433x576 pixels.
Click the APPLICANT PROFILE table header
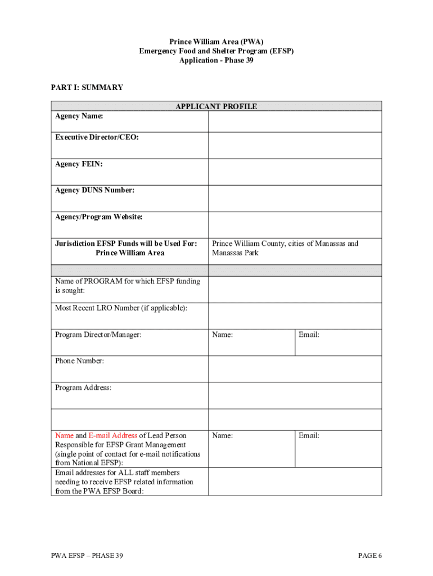216,106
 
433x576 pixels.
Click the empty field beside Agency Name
295,121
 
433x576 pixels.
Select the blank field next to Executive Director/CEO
295,145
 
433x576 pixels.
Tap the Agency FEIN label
79,164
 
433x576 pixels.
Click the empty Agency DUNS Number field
295,198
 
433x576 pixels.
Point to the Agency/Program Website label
98,217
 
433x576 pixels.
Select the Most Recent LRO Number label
121,308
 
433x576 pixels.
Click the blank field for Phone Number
295,369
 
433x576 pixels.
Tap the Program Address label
83,388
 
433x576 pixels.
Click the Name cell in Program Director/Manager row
251,342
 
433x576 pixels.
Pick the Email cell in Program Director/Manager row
338,342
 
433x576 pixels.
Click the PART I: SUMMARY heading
87,88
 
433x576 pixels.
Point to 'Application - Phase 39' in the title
216,60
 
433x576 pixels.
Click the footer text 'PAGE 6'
370,556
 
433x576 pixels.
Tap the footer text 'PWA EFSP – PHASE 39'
87,556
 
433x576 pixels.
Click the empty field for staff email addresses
295,481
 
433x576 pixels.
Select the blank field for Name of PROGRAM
295,289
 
